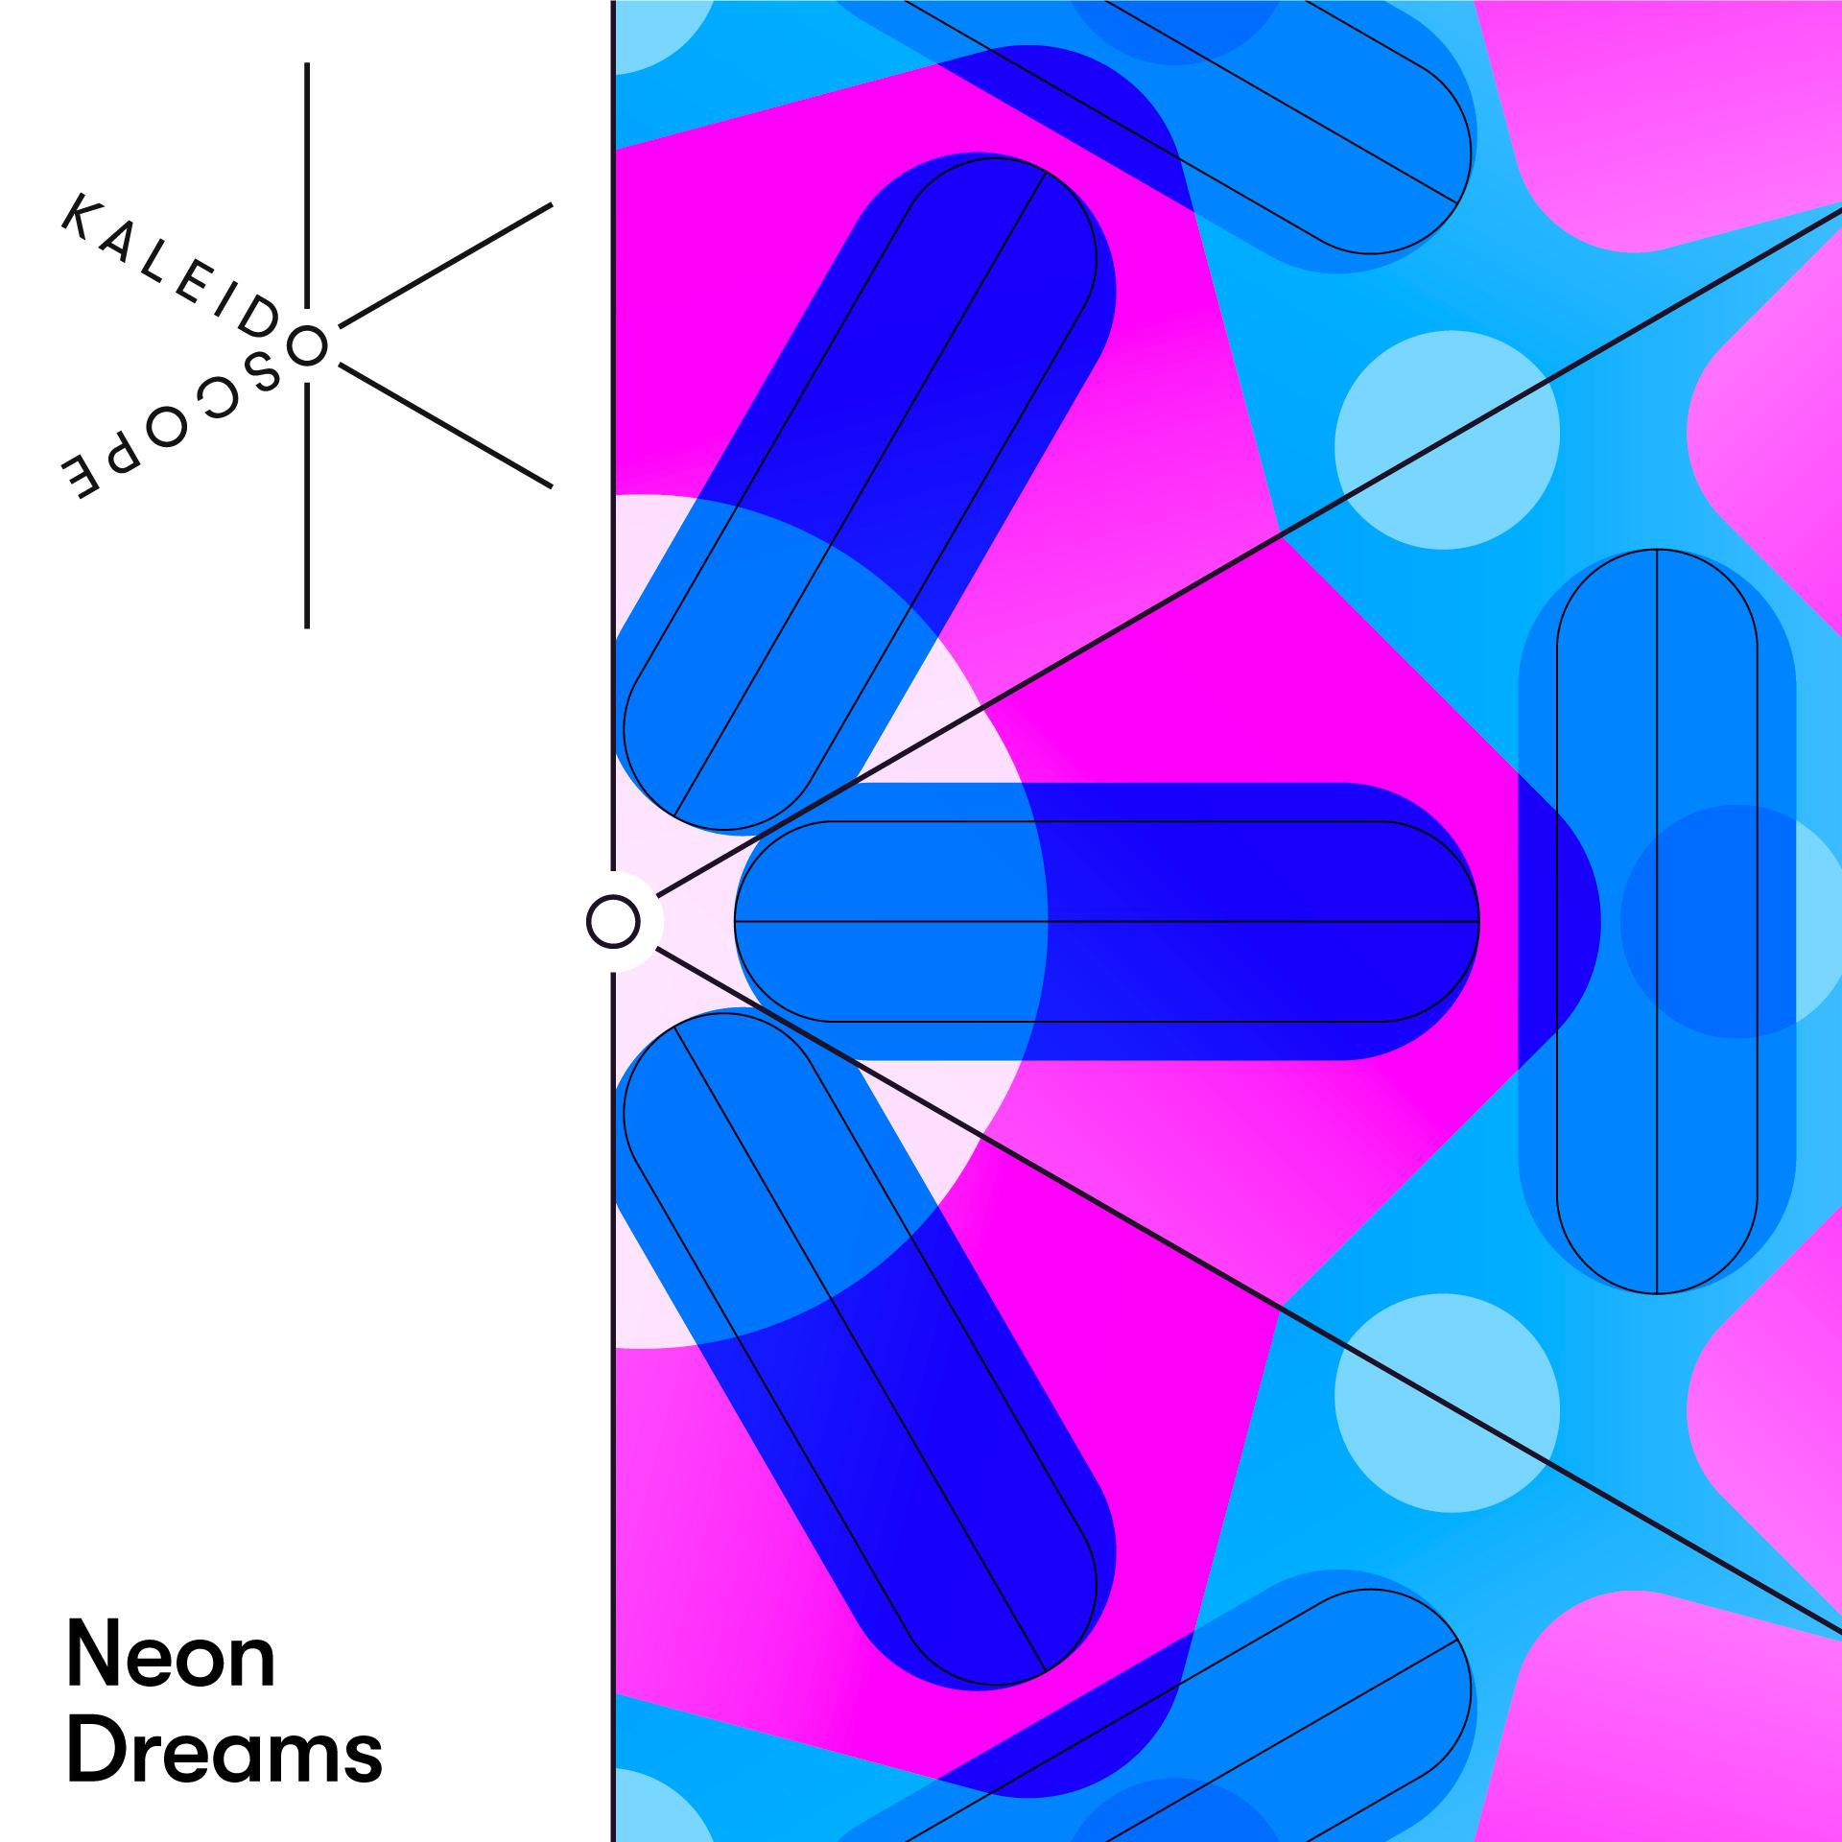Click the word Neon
tap(171, 1657)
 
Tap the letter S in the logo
tap(260, 373)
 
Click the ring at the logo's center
tap(307, 345)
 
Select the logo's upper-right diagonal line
tap(446, 265)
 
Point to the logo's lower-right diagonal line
tap(446, 425)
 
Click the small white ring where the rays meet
tap(613, 922)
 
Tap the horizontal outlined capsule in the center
tap(1107, 921)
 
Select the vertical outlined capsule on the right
tap(1657, 921)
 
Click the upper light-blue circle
tap(1447, 440)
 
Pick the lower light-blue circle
tap(1447, 1403)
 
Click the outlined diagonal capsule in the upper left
tap(861, 493)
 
